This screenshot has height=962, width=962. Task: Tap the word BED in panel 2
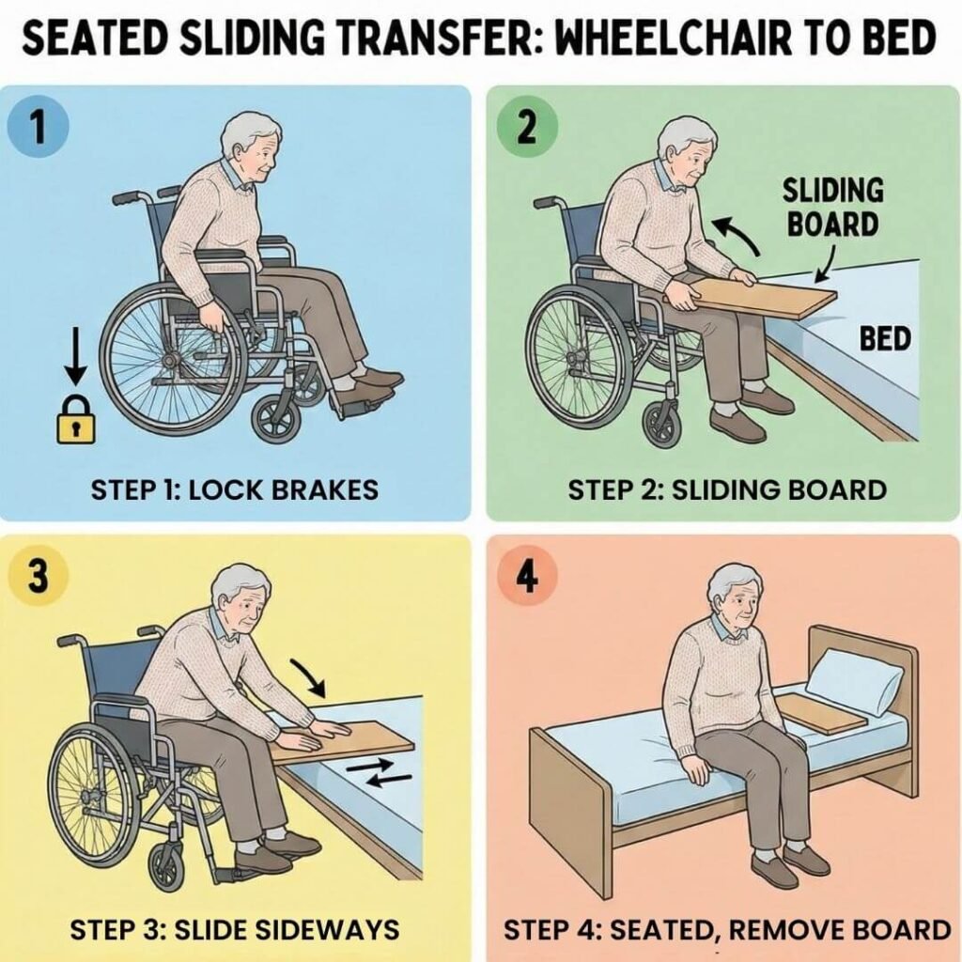click(x=885, y=338)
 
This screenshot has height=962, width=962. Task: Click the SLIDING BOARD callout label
click(x=832, y=208)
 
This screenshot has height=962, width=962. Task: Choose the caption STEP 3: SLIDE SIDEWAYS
click(x=234, y=930)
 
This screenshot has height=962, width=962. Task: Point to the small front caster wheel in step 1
click(x=277, y=418)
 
